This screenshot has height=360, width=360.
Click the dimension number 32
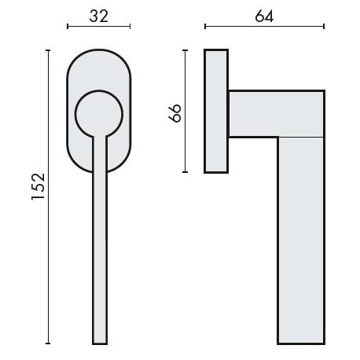click(x=98, y=15)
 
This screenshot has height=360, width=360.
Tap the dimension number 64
click(x=264, y=15)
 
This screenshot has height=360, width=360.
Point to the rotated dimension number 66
click(x=175, y=112)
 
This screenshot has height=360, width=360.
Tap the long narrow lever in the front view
click(x=99, y=236)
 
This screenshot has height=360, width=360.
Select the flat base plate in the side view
click(x=215, y=111)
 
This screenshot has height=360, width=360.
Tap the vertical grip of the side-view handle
click(x=301, y=236)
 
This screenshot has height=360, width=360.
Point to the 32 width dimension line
click(x=98, y=28)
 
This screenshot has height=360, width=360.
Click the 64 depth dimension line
click(x=264, y=28)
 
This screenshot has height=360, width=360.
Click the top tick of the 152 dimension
click(x=50, y=50)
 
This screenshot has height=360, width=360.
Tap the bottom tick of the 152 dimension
click(x=50, y=343)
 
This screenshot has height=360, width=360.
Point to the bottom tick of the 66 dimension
click(x=186, y=172)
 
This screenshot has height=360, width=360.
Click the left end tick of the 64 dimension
click(x=205, y=28)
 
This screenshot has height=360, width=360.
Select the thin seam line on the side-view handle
click(x=301, y=137)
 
